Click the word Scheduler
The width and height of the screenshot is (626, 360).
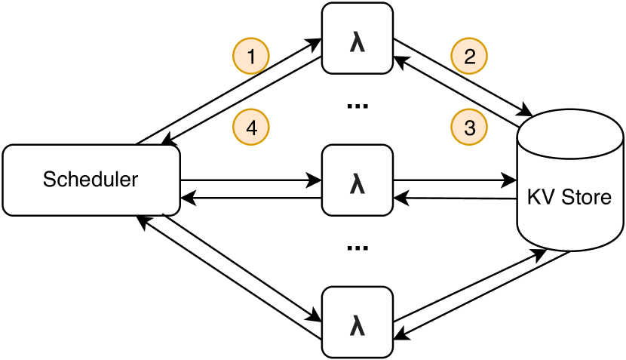(91, 180)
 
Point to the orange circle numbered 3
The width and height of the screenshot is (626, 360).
(469, 127)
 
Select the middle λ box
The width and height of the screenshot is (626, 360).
(357, 180)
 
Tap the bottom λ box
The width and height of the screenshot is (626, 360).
(357, 322)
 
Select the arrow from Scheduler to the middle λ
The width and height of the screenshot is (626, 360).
(249, 180)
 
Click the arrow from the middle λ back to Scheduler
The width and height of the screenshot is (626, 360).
(249, 199)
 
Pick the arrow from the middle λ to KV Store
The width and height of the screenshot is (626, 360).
(453, 180)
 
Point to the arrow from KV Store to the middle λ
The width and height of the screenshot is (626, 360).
(453, 199)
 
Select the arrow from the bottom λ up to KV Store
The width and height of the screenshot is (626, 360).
(468, 291)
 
